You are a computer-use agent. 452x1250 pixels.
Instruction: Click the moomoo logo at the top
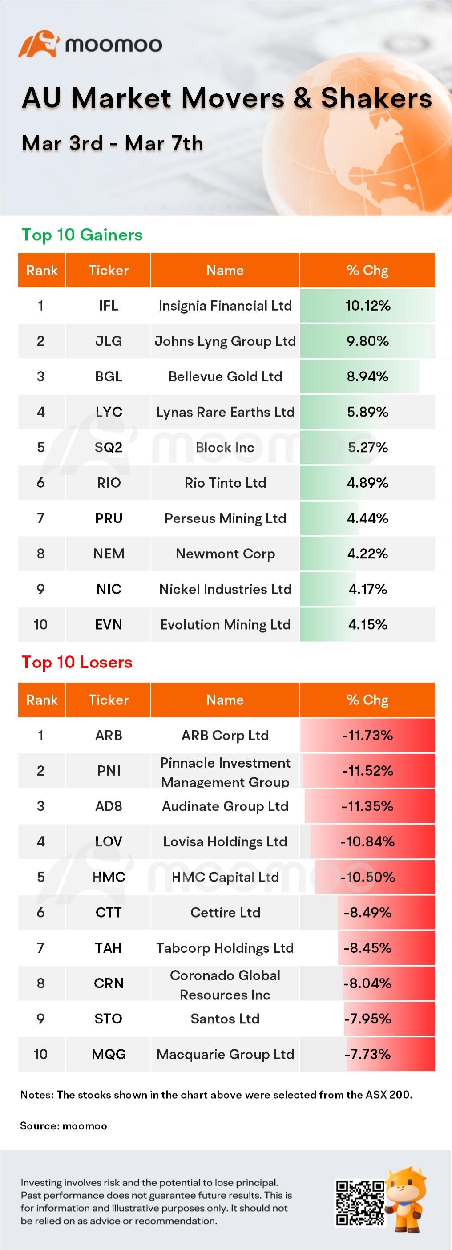pos(90,44)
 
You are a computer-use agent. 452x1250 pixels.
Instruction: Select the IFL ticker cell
pos(109,306)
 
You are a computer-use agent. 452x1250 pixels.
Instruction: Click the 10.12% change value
pos(367,306)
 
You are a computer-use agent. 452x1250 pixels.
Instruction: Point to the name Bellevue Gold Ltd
pos(225,376)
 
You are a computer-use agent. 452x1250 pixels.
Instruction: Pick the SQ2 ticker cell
pos(109,447)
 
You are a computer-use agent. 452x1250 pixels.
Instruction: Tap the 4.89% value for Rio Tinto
pos(367,483)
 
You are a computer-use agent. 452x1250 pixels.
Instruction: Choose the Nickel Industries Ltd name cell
pos(225,589)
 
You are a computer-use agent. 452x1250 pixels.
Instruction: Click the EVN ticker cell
pos(109,624)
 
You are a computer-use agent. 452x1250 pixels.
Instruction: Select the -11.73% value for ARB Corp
pos(367,736)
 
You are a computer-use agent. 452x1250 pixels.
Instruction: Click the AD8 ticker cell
pos(109,806)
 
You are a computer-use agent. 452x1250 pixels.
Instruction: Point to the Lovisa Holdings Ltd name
pos(225,842)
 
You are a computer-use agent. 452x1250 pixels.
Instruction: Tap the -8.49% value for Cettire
pos(367,913)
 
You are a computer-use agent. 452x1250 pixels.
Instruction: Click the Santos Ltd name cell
pos(225,1019)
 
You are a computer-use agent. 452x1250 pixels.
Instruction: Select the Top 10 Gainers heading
pos(82,235)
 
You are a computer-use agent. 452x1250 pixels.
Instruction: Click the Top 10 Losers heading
pos(77,662)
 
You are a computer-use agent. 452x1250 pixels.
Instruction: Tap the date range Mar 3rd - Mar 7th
pos(113,143)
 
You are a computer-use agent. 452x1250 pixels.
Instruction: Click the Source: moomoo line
pos(64,1126)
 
